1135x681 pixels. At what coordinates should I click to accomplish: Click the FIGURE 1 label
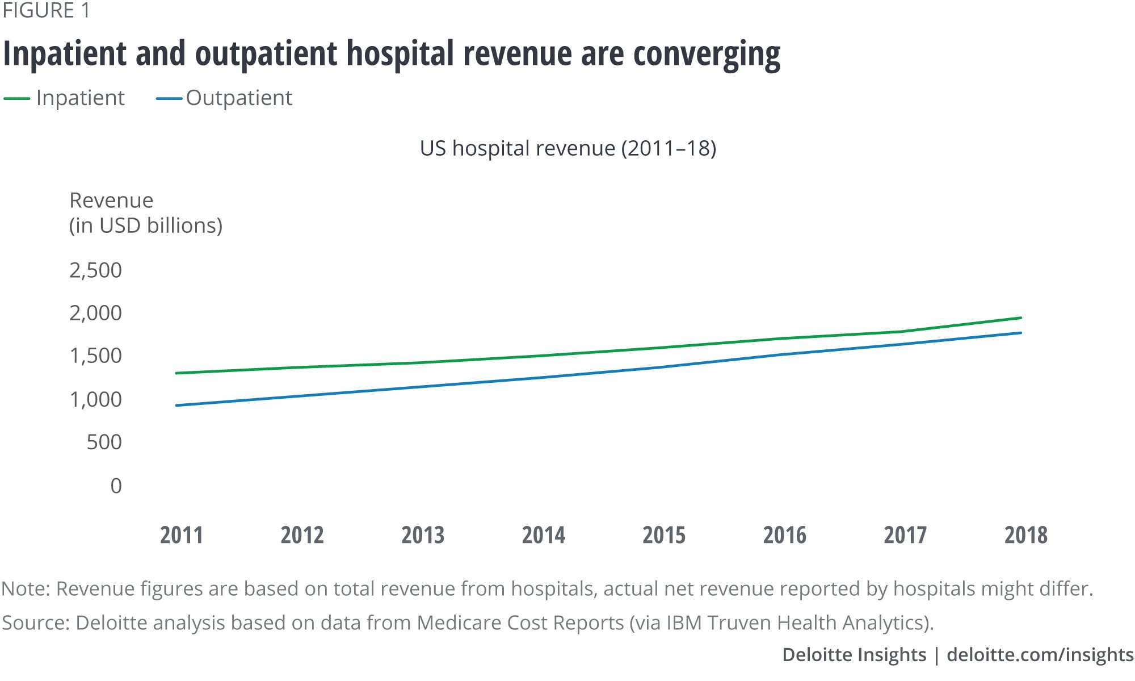point(46,11)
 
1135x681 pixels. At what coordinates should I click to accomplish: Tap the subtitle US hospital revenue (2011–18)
point(567,148)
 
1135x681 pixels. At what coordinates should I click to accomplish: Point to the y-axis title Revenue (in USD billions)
point(145,213)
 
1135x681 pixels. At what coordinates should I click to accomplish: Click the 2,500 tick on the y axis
point(95,270)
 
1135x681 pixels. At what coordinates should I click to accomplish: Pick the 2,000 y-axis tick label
point(95,313)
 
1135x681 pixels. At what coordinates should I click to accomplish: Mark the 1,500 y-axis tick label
point(95,356)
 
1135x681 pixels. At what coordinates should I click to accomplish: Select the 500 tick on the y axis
point(104,442)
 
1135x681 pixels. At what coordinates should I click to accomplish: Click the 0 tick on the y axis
point(116,486)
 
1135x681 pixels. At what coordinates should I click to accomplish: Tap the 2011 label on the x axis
point(181,535)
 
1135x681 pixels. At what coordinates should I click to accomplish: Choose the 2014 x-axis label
point(543,535)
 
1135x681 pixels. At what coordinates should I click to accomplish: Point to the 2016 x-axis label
point(784,535)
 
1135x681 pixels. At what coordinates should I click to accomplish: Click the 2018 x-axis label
point(1025,535)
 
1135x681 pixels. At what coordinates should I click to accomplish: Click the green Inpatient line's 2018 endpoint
point(1020,317)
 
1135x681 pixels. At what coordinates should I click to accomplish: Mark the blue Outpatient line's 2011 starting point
point(176,405)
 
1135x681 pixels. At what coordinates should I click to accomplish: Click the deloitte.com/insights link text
point(1040,655)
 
